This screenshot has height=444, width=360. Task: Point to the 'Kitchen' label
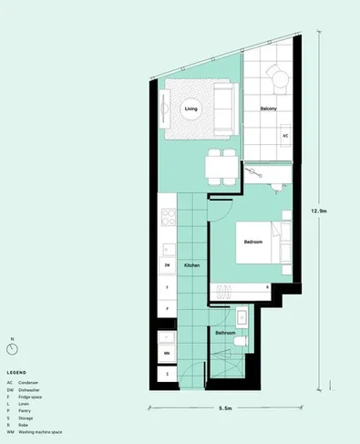click(x=191, y=265)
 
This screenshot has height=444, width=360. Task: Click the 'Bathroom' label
click(x=225, y=334)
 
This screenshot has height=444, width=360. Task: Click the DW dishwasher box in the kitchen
click(x=168, y=265)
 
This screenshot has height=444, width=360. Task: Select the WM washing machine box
click(x=168, y=351)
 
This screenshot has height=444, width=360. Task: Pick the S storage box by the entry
click(x=168, y=373)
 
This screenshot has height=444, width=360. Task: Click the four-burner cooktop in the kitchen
click(x=168, y=219)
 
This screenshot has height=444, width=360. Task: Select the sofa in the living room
click(x=223, y=105)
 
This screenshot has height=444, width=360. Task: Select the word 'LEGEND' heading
click(x=16, y=373)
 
